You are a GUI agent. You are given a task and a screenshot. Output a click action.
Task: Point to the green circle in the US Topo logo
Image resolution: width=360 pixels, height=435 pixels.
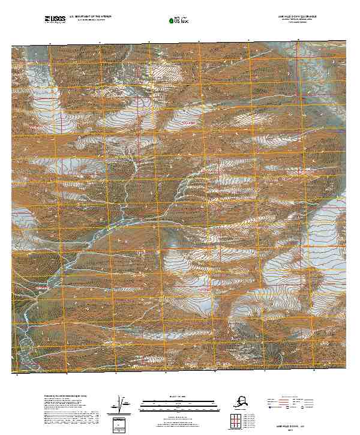(x=172, y=21)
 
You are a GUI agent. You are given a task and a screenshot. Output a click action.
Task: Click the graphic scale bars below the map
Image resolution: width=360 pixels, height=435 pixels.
(x=178, y=405)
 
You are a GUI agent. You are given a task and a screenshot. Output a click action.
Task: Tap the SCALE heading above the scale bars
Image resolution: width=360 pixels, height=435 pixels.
(x=178, y=397)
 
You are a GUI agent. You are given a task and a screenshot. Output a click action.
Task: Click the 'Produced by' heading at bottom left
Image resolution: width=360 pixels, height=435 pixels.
(x=66, y=397)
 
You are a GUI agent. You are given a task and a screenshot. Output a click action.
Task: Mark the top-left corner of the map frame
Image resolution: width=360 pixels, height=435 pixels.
(x=11, y=46)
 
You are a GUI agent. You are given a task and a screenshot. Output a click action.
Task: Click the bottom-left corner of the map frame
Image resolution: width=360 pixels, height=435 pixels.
(x=11, y=372)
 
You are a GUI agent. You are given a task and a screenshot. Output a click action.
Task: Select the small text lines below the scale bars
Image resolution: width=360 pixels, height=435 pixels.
(x=178, y=419)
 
